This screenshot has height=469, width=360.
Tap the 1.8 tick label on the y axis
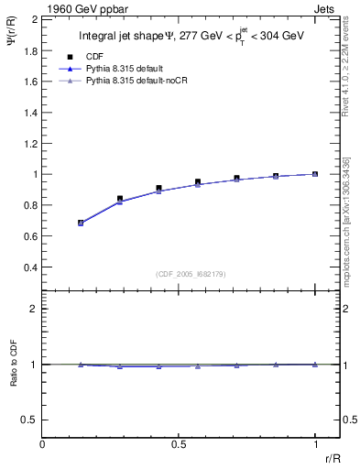coord(30,50)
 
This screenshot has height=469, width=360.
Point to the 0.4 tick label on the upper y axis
coord(30,267)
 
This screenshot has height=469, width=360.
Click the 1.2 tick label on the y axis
coord(30,143)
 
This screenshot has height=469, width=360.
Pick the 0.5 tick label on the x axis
coord(179,444)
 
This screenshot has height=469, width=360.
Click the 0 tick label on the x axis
coord(43,444)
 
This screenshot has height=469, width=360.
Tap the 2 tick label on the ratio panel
coord(34,309)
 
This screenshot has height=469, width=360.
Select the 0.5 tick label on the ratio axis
coord(30,420)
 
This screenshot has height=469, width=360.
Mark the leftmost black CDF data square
coord(81,222)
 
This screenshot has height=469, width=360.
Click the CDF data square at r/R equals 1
coord(315,173)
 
